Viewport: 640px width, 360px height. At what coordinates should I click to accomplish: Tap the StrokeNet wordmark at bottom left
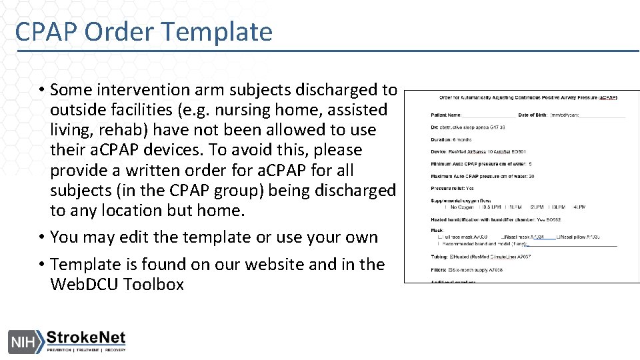[x=85, y=338]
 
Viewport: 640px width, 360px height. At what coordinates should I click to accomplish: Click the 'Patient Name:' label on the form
[x=446, y=115]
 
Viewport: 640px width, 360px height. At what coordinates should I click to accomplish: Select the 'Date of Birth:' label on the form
[x=532, y=115]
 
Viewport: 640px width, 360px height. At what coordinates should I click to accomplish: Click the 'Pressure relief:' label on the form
[x=449, y=189]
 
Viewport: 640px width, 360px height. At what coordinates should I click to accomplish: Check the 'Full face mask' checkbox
[x=440, y=237]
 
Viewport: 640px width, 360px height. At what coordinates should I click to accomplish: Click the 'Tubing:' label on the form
[x=440, y=256]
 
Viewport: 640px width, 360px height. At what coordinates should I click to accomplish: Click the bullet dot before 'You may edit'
[x=41, y=237]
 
